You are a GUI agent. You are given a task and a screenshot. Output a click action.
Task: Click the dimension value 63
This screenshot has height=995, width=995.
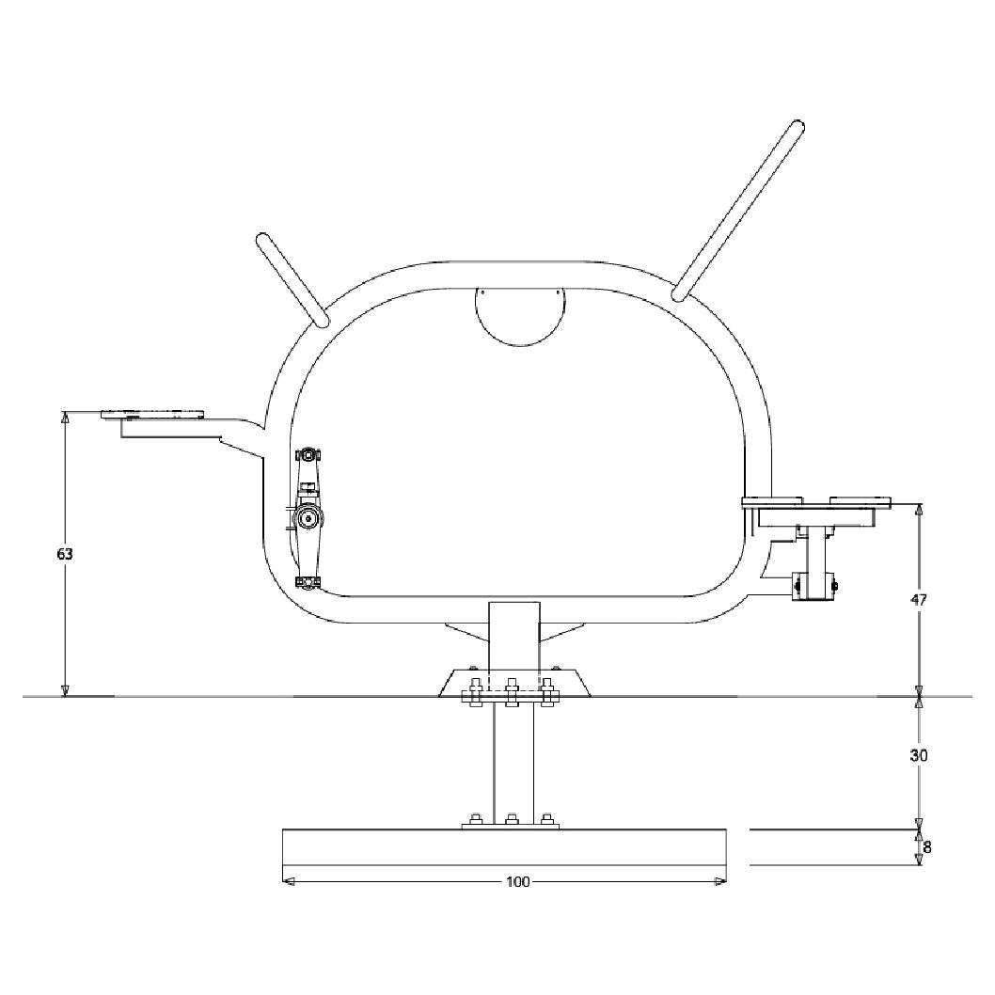click(x=65, y=554)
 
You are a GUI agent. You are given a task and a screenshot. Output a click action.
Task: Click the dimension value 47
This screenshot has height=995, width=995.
click(x=919, y=599)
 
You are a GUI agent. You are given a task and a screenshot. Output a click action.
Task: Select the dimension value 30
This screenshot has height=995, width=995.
click(x=919, y=755)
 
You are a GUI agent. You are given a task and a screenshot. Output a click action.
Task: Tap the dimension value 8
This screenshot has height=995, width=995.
click(x=927, y=847)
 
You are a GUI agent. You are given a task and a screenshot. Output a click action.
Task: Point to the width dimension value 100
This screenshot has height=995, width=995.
click(x=518, y=882)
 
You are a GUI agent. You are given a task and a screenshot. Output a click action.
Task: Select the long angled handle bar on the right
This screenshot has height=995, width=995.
click(x=739, y=210)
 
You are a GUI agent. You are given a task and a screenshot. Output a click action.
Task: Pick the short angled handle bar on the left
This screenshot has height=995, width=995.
click(x=292, y=279)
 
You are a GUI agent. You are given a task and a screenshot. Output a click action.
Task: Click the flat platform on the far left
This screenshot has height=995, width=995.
click(x=152, y=415)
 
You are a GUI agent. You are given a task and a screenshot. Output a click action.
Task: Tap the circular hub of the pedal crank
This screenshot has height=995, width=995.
click(x=308, y=519)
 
